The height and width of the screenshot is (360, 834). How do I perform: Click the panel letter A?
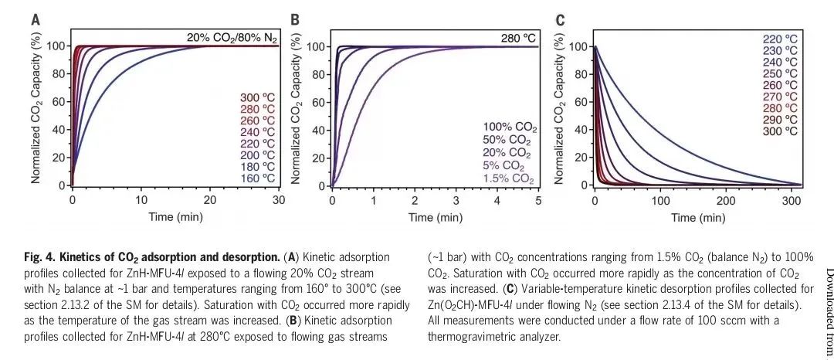[36, 20]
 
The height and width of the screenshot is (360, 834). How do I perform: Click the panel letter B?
[294, 20]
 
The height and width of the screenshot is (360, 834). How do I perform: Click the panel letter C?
[560, 20]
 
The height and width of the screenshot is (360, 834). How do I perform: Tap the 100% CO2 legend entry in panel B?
[509, 127]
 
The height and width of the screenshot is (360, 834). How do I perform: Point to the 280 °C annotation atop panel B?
[518, 37]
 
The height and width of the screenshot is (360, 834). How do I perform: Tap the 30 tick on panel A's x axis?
[277, 199]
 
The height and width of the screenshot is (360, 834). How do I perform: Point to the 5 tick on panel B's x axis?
[537, 199]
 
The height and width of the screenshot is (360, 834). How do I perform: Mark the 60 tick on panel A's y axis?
[59, 102]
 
